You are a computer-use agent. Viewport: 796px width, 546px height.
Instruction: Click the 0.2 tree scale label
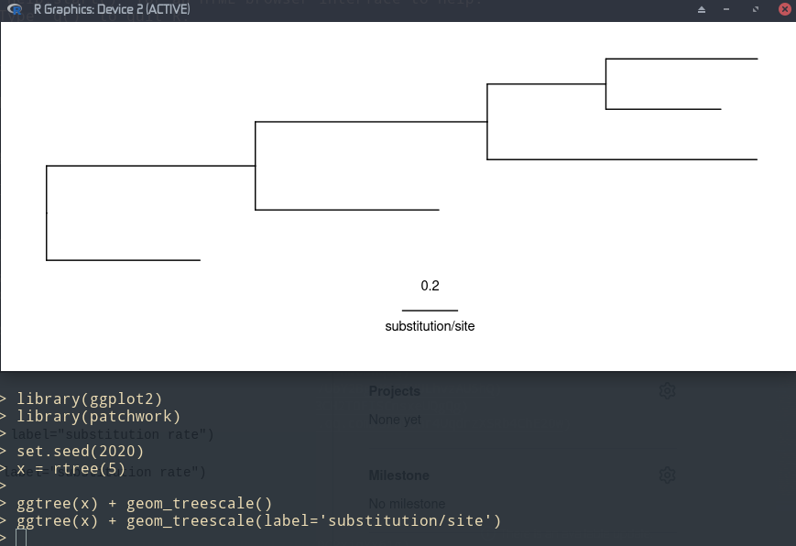point(430,286)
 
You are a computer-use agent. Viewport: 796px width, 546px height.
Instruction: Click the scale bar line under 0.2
point(430,311)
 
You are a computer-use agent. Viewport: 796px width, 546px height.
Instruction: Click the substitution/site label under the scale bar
point(430,326)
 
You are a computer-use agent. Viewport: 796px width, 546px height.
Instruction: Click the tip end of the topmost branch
point(757,59)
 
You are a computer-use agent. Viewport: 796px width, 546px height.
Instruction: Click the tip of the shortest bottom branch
point(199,260)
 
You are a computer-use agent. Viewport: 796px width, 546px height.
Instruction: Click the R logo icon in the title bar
point(15,9)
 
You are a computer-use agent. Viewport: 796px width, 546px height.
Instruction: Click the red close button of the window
point(786,9)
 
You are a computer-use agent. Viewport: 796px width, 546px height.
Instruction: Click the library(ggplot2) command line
point(89,399)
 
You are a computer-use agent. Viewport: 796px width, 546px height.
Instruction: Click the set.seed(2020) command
point(80,451)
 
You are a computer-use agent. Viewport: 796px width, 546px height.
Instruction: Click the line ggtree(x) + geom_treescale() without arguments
point(144,503)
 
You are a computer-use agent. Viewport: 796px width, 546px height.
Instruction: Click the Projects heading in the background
point(394,391)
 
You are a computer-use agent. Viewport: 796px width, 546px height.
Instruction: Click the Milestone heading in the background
point(398,475)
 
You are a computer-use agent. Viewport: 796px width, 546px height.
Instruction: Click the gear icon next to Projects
point(667,391)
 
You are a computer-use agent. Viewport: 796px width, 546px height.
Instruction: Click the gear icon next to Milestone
point(667,475)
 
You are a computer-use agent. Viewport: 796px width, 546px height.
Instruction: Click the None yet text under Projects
point(396,420)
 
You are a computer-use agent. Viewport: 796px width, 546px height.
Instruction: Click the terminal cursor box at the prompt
point(21,538)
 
